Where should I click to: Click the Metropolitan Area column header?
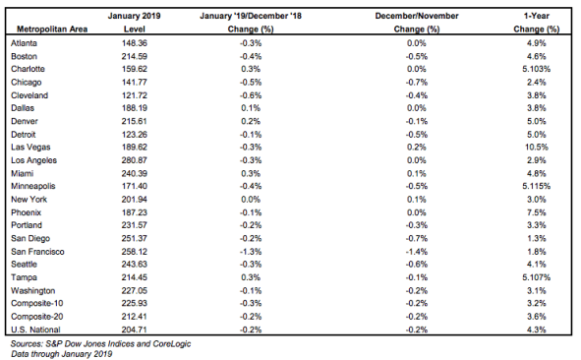(52, 29)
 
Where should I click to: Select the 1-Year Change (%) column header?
(536, 23)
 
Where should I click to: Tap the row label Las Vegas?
(30, 148)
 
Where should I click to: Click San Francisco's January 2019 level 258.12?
(134, 252)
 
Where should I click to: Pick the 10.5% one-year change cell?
(536, 148)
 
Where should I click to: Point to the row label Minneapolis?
(33, 186)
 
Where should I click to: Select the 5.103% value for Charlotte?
(536, 69)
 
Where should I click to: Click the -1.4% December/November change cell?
(417, 252)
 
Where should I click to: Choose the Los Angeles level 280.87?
(134, 160)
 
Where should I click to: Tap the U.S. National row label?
(35, 330)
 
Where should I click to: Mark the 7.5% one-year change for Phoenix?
(536, 212)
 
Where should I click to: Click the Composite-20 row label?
(37, 317)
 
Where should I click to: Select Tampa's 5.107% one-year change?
(536, 277)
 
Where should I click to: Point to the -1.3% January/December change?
(251, 252)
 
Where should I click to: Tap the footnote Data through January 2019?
(62, 354)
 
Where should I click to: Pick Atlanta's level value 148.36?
(134, 43)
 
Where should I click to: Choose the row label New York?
(29, 200)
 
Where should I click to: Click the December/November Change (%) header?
(417, 23)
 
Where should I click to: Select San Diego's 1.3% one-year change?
(536, 238)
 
